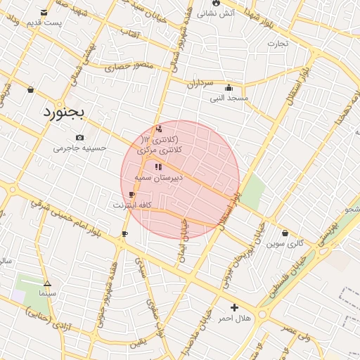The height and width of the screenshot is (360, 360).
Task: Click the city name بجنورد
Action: click(64, 112)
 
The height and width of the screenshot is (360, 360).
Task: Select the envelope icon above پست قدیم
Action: click(44, 13)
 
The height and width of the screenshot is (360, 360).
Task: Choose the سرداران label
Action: click(199, 83)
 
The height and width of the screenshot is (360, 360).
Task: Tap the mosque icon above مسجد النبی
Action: click(229, 88)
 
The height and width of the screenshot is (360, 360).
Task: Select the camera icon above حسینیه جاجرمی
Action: click(79, 137)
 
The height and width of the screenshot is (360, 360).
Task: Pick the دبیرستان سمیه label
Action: click(159, 178)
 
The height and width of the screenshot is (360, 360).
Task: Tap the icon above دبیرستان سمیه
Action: click(157, 167)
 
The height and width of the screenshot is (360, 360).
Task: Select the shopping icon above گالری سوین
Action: click(284, 233)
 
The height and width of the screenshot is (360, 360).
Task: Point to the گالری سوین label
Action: click(285, 244)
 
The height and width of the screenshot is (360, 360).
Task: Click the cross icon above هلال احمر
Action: click(234, 307)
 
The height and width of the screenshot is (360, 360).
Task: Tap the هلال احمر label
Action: click(234, 319)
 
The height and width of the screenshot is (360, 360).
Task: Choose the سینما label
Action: click(47, 292)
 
